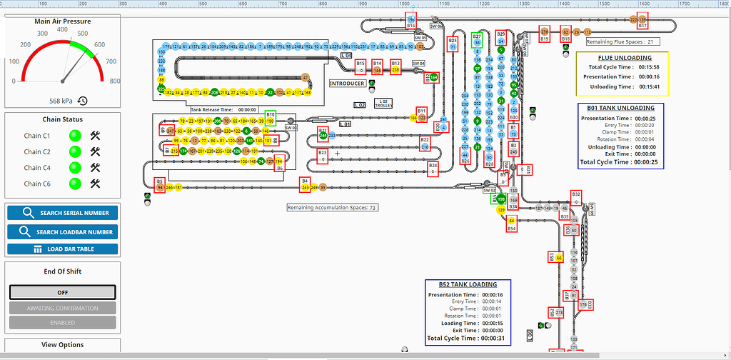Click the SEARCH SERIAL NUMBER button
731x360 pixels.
(x=63, y=213)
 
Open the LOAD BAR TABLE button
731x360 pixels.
(x=63, y=249)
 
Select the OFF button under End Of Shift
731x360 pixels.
(x=62, y=292)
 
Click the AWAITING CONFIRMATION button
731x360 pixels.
(x=62, y=308)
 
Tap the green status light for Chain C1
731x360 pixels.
(x=74, y=136)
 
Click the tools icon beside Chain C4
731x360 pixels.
(x=95, y=168)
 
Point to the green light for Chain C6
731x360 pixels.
(x=74, y=184)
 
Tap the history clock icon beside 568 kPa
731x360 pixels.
(x=83, y=101)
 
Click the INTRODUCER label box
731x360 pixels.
(x=346, y=84)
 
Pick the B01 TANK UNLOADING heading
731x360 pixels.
(x=620, y=109)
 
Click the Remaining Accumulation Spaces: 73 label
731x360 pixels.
(x=332, y=208)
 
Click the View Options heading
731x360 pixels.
(x=62, y=345)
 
